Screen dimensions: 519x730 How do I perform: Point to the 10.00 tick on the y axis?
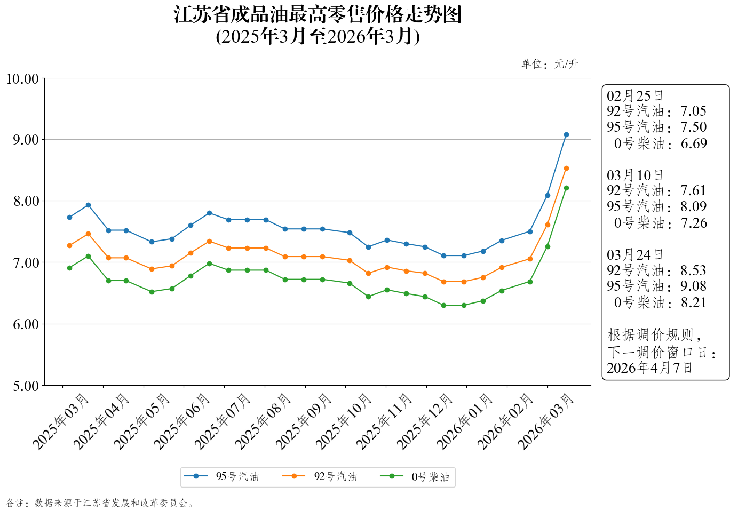22,79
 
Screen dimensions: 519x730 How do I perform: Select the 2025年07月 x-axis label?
223,421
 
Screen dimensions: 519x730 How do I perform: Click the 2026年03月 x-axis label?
546,421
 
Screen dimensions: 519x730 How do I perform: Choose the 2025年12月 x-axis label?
425,421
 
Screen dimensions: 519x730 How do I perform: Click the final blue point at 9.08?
566,134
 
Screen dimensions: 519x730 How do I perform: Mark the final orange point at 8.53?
566,168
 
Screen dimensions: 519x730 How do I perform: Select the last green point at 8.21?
566,188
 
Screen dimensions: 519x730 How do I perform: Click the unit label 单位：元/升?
550,64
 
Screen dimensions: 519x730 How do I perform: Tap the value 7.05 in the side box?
693,111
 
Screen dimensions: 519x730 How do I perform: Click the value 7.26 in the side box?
694,223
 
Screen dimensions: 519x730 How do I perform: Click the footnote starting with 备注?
100,503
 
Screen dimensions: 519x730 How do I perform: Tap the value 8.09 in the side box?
693,206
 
